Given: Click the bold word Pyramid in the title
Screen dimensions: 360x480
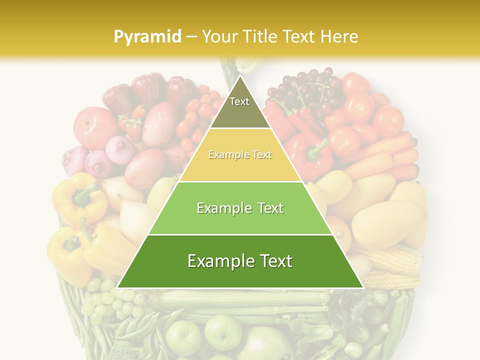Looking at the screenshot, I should click(147, 36).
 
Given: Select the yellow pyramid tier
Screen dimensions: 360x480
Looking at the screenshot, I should click(240, 155).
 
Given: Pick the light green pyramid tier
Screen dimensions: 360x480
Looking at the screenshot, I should click(240, 208).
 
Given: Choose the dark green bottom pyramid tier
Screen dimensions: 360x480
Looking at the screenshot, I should click(240, 261).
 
